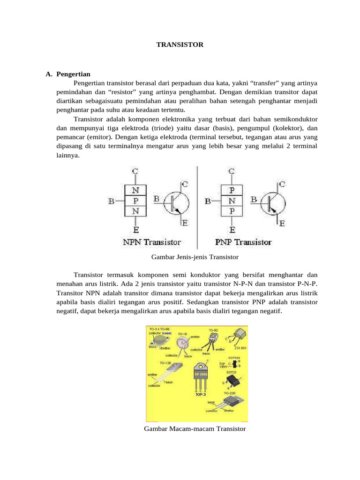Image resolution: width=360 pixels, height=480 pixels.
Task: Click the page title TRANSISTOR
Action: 180,45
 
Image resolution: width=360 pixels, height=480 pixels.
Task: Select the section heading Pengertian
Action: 73,74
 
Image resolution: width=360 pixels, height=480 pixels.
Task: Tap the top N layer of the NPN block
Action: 135,190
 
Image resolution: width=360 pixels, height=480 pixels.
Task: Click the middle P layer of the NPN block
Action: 135,201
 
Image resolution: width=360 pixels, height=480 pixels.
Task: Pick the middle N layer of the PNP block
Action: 232,201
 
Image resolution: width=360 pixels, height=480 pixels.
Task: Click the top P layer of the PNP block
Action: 232,190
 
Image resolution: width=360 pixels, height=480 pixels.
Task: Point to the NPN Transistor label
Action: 151,242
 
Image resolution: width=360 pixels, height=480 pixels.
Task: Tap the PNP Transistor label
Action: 243,242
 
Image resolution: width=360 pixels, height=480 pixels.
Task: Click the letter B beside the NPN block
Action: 112,202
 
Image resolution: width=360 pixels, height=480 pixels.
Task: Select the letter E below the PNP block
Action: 232,230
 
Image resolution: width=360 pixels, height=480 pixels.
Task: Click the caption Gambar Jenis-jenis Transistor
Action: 195,257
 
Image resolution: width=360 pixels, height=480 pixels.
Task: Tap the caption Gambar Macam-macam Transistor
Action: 195,429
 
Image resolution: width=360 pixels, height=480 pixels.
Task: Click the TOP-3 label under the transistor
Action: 201,395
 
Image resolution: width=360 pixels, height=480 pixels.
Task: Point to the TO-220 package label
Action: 230,393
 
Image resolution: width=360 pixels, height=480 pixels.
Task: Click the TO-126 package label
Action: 165,363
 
